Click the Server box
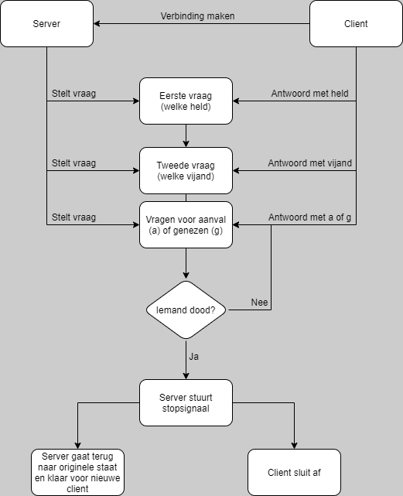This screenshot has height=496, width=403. point(46,24)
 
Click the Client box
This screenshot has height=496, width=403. point(356,24)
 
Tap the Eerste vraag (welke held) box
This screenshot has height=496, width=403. point(186,101)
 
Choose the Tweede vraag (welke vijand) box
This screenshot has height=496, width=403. point(186,170)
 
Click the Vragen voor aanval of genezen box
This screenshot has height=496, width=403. point(186,224)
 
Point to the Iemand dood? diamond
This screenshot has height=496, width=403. point(186,310)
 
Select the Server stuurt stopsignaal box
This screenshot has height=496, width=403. point(186,402)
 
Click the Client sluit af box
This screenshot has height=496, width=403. point(294,472)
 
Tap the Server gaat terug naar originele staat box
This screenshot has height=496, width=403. point(77,472)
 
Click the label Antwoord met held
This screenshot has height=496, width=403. point(309,94)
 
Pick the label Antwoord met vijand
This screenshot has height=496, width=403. point(309,163)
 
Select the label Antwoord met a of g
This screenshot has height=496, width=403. point(309,217)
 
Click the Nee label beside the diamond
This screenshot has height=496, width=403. point(260,303)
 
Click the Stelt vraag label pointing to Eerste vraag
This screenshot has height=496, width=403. point(73,94)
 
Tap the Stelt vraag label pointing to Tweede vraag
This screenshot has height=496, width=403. point(73,163)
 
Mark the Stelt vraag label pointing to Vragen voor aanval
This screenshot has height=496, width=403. point(73,217)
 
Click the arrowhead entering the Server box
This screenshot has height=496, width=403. point(97,24)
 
